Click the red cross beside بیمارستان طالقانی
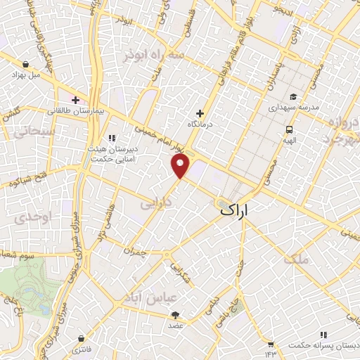tap(75, 100)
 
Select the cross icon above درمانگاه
tap(200, 113)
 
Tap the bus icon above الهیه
tap(289, 129)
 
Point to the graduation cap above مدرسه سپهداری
tap(293, 98)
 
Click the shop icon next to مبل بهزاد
tap(15, 72)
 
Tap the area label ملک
tap(297, 259)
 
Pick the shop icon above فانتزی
tap(83, 338)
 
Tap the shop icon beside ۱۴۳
tap(270, 334)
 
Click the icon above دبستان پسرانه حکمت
tap(323, 335)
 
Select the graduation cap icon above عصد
tap(175, 315)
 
